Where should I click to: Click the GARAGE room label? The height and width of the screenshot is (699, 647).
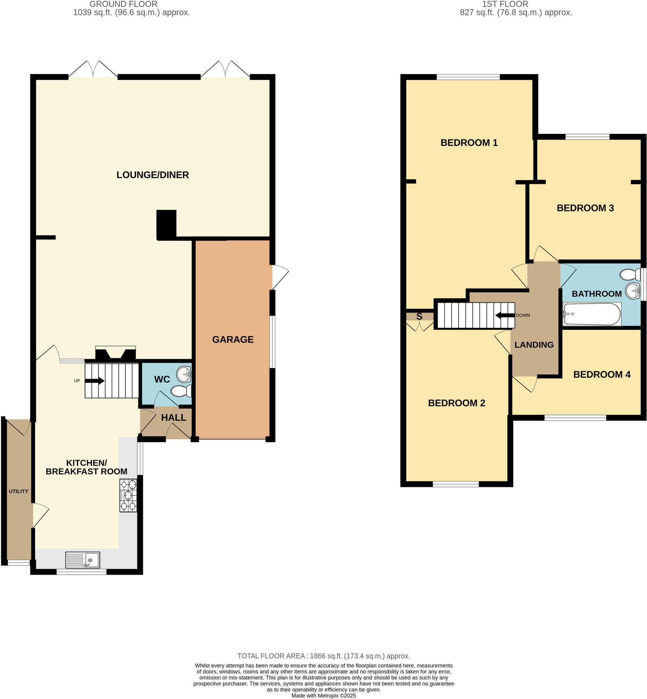pyautogui.click(x=233, y=340)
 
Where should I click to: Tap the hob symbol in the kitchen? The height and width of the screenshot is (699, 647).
pyautogui.click(x=128, y=495)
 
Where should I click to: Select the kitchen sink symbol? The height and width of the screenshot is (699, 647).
pyautogui.click(x=83, y=560)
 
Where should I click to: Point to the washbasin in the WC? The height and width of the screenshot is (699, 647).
pyautogui.click(x=184, y=374)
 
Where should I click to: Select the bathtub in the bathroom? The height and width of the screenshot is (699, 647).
pyautogui.click(x=592, y=314)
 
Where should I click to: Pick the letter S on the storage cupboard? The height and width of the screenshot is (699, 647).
pyautogui.click(x=419, y=316)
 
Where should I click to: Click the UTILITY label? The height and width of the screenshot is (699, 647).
pyautogui.click(x=18, y=491)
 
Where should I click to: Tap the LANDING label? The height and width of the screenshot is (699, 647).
pyautogui.click(x=534, y=345)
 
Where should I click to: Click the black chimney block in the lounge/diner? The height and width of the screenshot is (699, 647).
pyautogui.click(x=166, y=224)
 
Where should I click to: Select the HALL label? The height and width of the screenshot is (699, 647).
pyautogui.click(x=174, y=417)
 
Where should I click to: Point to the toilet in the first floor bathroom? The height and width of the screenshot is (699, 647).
pyautogui.click(x=630, y=275)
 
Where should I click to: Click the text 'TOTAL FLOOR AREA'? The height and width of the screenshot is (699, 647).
pyautogui.click(x=271, y=656)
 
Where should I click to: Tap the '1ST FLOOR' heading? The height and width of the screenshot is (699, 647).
pyautogui.click(x=505, y=4)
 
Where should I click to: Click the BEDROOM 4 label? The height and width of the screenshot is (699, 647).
pyautogui.click(x=602, y=374)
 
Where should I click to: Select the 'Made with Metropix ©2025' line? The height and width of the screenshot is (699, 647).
pyautogui.click(x=324, y=696)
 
